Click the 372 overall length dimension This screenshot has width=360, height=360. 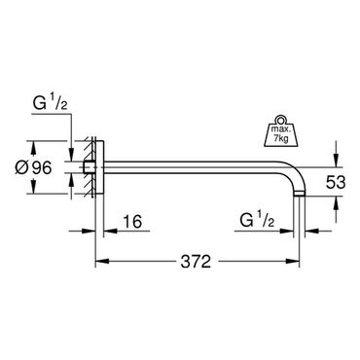click(x=196, y=262)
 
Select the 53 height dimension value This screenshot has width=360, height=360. click(x=336, y=183)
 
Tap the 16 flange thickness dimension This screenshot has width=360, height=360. click(x=132, y=222)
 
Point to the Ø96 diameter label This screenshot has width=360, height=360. click(x=33, y=167)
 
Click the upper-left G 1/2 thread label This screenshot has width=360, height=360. click(x=50, y=104)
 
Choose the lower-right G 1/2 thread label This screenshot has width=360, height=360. click(x=257, y=221)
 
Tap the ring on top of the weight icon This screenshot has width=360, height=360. click(x=280, y=119)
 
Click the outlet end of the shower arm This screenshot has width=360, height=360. click(x=299, y=194)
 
